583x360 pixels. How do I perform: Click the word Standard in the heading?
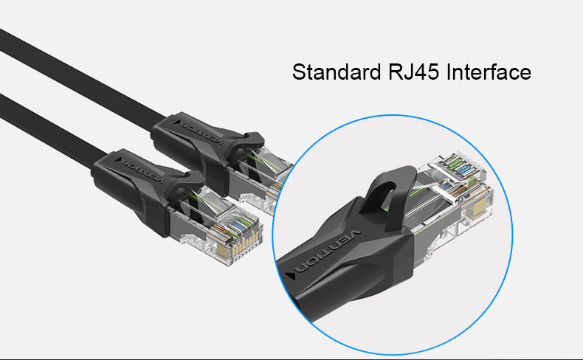click(x=334, y=73)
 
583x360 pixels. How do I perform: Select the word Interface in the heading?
click(x=491, y=73)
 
